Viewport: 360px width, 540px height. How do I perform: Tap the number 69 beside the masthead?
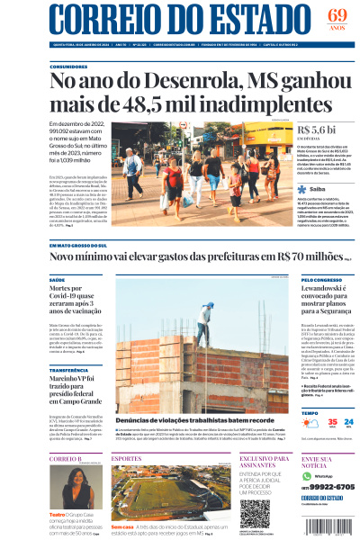(337, 15)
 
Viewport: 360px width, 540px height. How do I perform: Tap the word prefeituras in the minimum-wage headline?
(229, 256)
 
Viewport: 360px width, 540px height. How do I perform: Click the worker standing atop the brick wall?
(204, 320)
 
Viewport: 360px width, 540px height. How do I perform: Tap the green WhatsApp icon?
(308, 476)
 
